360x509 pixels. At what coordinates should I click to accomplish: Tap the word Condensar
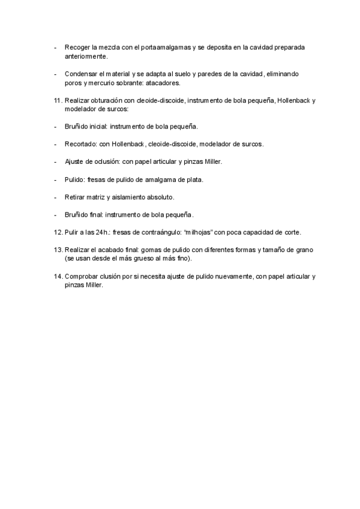[x=82, y=74]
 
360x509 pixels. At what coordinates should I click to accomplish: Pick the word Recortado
[x=80, y=144]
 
